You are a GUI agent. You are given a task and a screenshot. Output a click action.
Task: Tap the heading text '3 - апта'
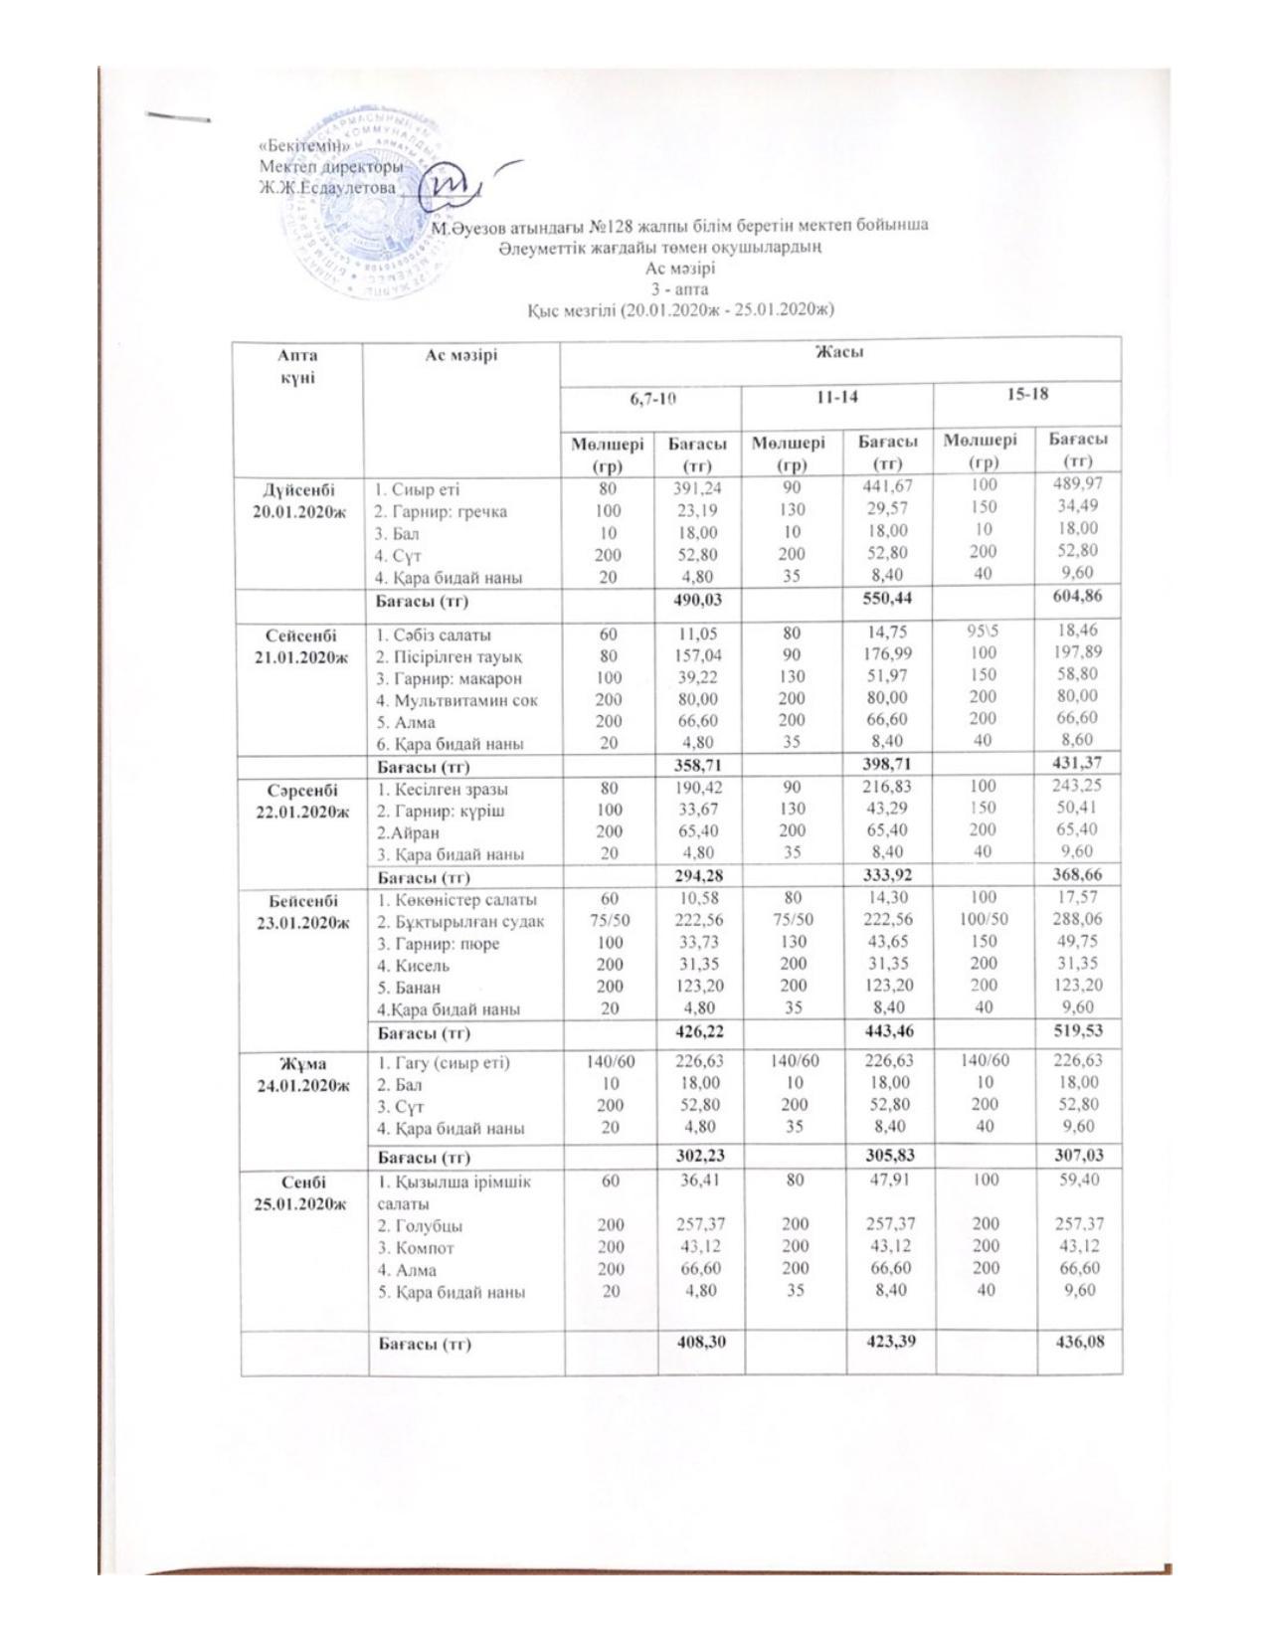(679, 289)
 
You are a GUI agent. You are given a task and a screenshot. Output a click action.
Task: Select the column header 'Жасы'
(839, 353)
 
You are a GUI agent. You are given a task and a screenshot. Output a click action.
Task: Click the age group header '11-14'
(836, 396)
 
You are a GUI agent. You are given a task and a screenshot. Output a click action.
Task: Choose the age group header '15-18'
(1027, 394)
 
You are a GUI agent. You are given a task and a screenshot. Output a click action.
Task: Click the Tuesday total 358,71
(697, 767)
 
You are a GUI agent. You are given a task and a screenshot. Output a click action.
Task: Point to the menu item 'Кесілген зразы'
(441, 790)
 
